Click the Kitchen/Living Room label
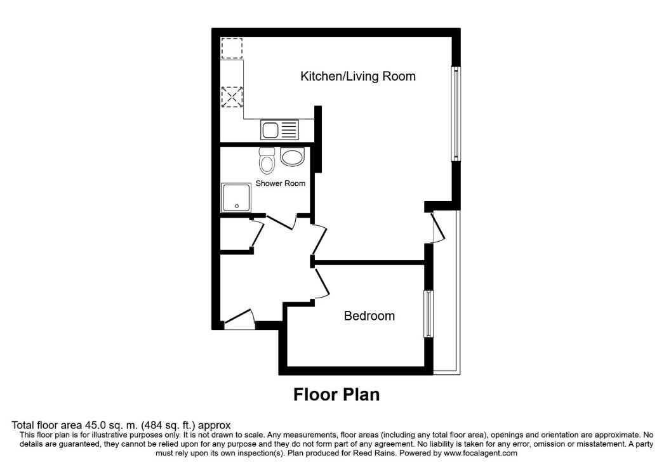(x=357, y=77)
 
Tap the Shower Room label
(x=280, y=183)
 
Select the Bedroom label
(x=369, y=316)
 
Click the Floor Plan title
(x=336, y=395)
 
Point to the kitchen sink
(x=279, y=131)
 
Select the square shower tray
(x=235, y=197)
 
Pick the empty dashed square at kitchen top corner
(x=232, y=49)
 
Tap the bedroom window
(x=429, y=314)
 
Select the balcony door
(x=437, y=228)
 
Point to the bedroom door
(x=321, y=282)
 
